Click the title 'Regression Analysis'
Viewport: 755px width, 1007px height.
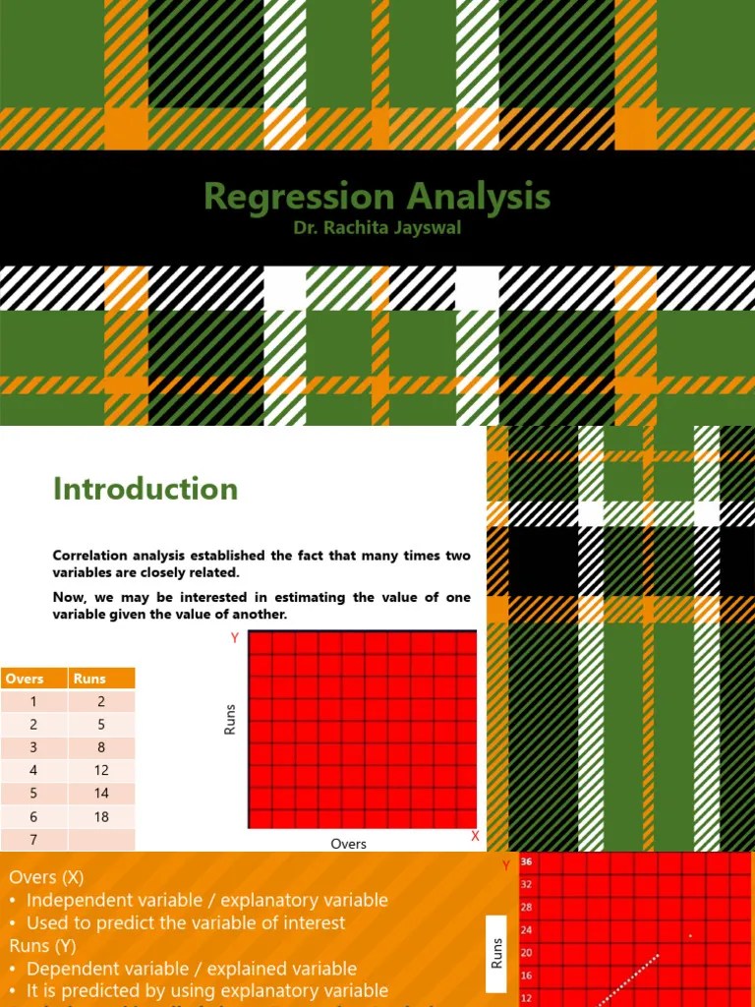[x=377, y=196]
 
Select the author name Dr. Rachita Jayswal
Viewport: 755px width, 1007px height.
[x=377, y=228]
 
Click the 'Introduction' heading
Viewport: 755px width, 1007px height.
[x=145, y=489]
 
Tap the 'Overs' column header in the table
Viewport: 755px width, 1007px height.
[x=25, y=679]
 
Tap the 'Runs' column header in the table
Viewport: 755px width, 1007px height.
[x=88, y=679]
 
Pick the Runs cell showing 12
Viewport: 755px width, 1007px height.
[x=101, y=770]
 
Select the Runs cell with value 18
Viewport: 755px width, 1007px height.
[x=101, y=816]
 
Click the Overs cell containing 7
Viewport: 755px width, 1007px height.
[x=33, y=840]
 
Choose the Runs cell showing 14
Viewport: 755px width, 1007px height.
[x=101, y=793]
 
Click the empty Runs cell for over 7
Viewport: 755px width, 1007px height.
[x=101, y=840]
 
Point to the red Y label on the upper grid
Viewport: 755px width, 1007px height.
[x=235, y=638]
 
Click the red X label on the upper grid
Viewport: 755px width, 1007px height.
[x=475, y=836]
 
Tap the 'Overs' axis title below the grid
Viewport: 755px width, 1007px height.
[x=349, y=844]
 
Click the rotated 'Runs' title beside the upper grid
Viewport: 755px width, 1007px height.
[x=230, y=720]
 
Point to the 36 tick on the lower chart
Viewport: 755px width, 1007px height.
[x=527, y=861]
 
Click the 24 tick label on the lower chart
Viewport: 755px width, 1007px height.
[x=526, y=929]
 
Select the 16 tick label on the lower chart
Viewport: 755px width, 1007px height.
[x=526, y=976]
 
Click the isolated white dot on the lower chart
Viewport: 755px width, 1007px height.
[x=690, y=935]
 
